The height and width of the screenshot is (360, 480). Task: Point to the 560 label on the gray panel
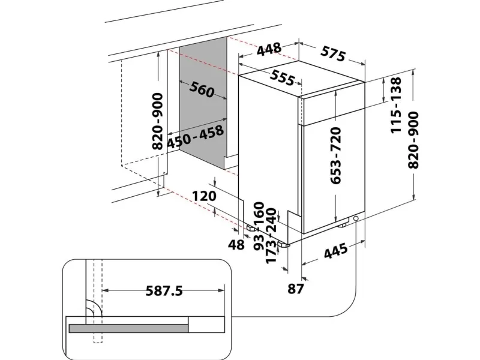[202, 89]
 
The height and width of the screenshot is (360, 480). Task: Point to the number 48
[237, 244]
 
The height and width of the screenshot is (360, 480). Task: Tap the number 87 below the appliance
[295, 289]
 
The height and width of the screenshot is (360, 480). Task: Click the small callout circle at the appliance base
[358, 219]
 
